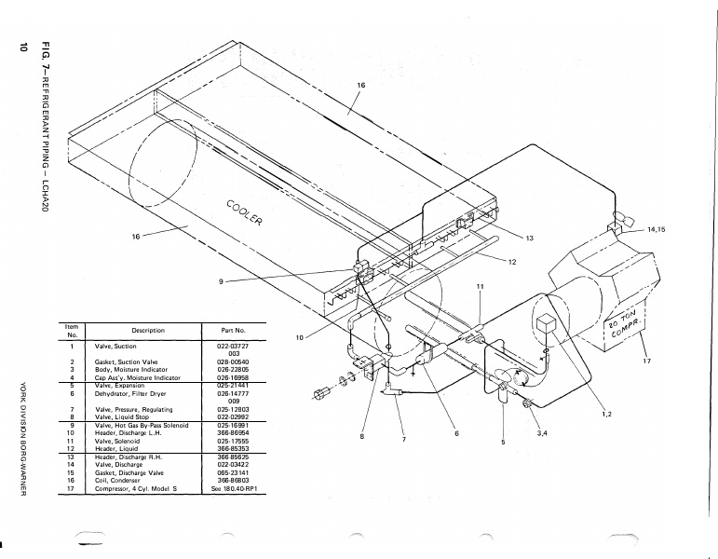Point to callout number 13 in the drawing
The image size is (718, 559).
click(529, 239)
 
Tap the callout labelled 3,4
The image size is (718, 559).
click(543, 433)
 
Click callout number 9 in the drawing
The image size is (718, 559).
click(221, 282)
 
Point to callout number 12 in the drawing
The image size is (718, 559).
click(511, 262)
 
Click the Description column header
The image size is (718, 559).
click(148, 331)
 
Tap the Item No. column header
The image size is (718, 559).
click(72, 331)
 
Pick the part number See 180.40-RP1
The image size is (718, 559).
click(233, 488)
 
